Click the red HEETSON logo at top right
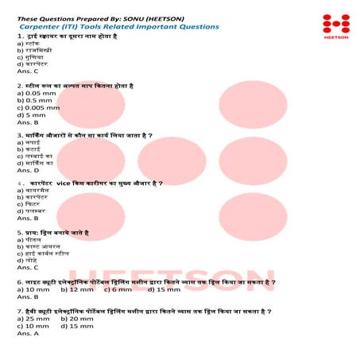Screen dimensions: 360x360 pos(331,25)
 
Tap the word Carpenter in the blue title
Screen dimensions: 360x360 pos(37,26)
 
